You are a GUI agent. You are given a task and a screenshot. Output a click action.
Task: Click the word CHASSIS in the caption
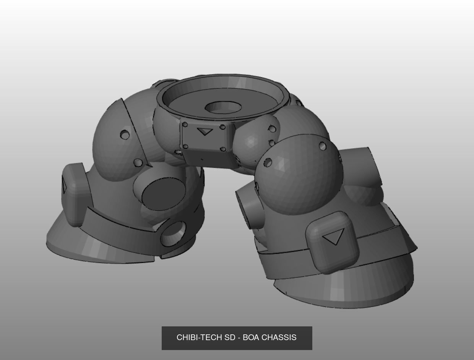[x=279, y=337]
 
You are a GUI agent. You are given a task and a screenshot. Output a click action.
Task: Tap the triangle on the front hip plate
[x=205, y=131]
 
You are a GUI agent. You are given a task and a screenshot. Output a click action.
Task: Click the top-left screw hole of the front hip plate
[x=185, y=125]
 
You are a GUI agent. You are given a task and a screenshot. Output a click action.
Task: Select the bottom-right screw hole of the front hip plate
[x=223, y=149]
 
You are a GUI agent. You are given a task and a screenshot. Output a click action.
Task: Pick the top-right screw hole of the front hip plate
[x=223, y=127]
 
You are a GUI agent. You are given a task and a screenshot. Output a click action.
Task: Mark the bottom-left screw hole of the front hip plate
[x=185, y=146]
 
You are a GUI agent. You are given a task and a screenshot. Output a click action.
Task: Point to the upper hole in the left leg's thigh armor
[x=125, y=135]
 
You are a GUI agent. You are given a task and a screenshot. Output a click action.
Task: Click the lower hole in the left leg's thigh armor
[x=138, y=163]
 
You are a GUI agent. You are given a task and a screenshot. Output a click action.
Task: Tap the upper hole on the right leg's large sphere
[x=322, y=146]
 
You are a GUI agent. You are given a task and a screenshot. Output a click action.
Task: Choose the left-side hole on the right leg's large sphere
[x=268, y=162]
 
